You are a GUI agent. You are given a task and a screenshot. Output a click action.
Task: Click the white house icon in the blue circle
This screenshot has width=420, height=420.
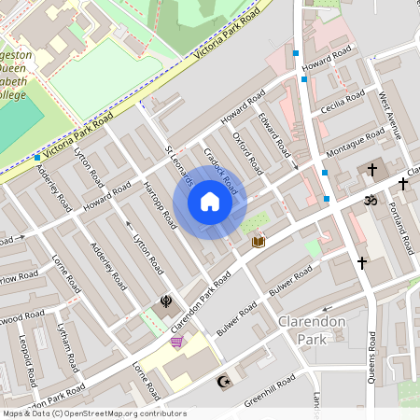click(x=210, y=202)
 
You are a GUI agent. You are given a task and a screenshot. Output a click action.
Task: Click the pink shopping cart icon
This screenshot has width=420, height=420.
click(x=176, y=343)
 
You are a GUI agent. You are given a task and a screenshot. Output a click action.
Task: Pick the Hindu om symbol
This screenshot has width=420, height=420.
click(x=367, y=200)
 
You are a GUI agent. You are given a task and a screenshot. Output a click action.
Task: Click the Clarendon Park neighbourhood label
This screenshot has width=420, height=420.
click(x=312, y=330)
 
